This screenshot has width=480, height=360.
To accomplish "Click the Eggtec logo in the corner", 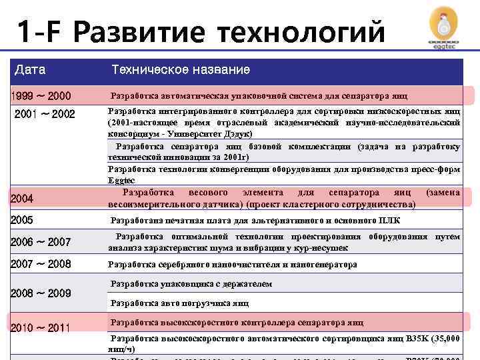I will [445, 28].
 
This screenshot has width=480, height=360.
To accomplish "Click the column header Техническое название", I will [181, 69].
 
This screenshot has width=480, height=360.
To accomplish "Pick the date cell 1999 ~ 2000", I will [41, 95].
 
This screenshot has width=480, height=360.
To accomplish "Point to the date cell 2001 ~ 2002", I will [45, 114].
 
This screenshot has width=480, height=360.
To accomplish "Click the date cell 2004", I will [22, 198].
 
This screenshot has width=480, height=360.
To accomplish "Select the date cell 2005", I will [22, 220].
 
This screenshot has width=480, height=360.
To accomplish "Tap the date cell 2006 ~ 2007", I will [41, 242].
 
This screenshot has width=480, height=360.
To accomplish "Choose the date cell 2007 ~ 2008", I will [41, 264].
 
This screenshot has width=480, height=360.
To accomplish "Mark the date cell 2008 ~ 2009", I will [41, 293].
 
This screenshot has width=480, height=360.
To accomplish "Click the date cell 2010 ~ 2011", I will [41, 327].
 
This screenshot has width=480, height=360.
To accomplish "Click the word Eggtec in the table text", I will [121, 180].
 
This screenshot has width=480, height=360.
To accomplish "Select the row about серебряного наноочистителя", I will [233, 265].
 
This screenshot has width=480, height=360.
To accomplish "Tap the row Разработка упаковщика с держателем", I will [191, 284].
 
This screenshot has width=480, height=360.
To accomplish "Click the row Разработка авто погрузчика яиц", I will [179, 303].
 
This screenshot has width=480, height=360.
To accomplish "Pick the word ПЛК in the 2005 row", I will [390, 221].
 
